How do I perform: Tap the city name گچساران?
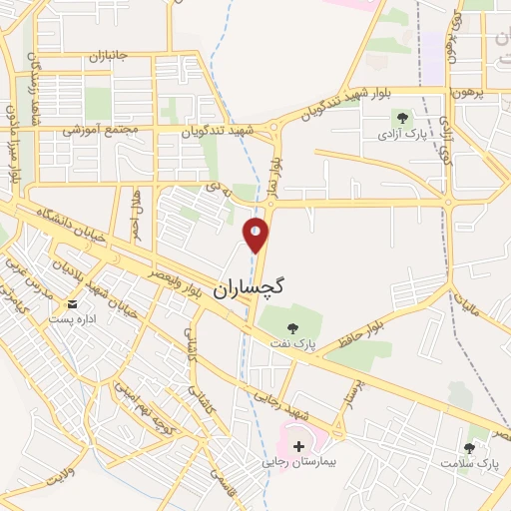tap(251, 285)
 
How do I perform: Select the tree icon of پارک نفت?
tap(291, 327)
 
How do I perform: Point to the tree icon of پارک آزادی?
tap(404, 117)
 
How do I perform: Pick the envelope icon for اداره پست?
tap(72, 303)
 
